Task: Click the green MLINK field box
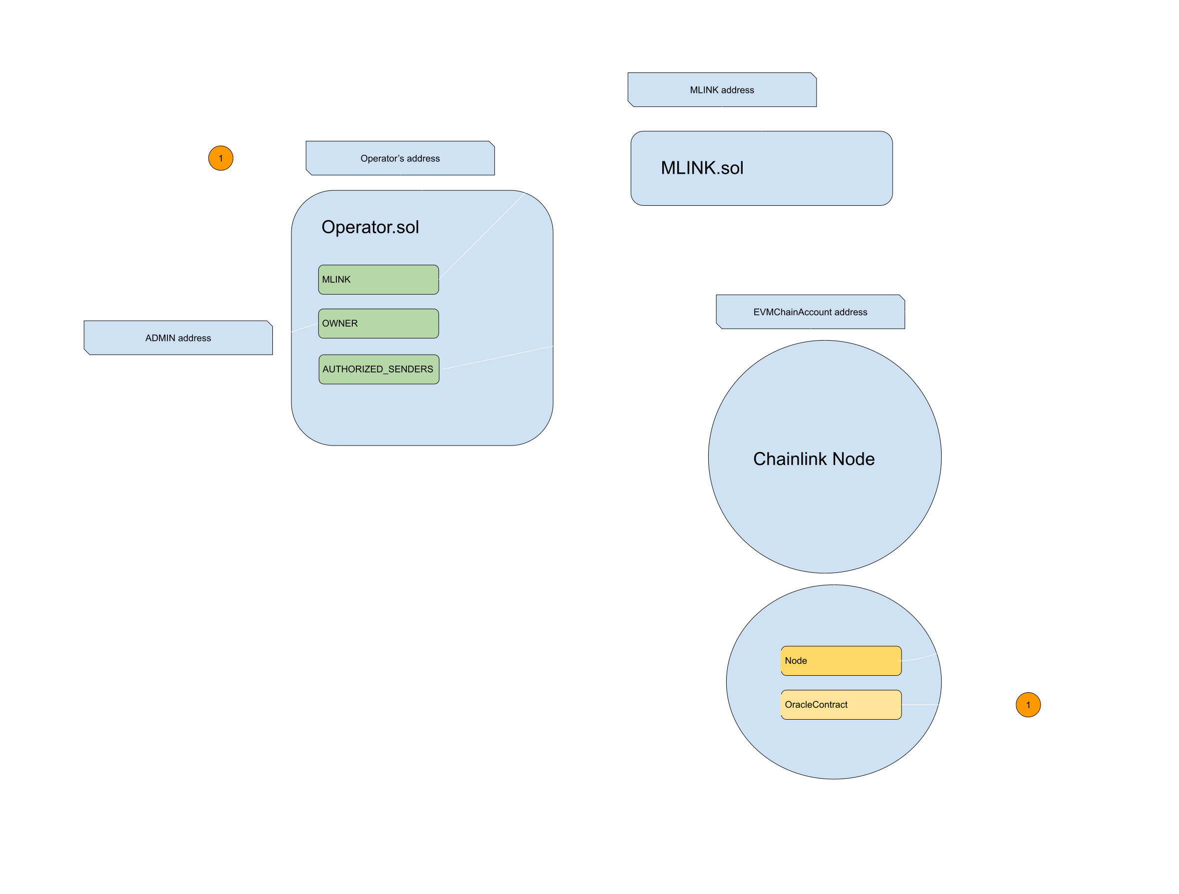378,279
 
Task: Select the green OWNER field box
378,324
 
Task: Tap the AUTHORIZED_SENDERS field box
378,369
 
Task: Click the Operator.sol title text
370,227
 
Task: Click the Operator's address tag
400,158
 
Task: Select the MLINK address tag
722,90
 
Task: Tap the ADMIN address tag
178,338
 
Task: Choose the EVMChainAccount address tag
810,312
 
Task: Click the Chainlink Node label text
813,458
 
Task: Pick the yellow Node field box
841,661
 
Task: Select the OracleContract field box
841,704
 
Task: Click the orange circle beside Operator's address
221,158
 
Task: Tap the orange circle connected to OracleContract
1028,705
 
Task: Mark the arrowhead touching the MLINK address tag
626,91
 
